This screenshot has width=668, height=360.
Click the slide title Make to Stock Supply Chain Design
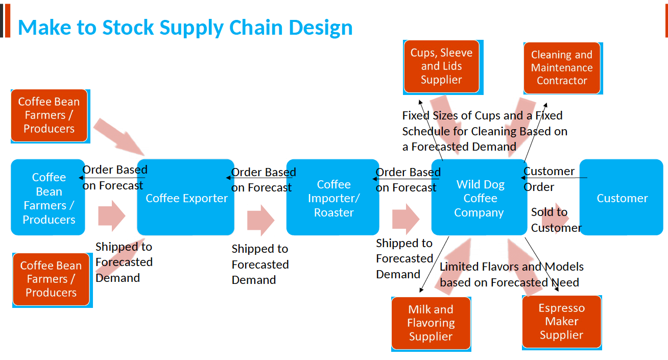pos(185,27)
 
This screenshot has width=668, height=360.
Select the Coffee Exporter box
pos(186,198)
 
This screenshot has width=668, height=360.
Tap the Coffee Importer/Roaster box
pos(333,198)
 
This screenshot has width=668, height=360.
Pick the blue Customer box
pos(622,198)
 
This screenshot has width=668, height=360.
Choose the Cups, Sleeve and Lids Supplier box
pos(441,66)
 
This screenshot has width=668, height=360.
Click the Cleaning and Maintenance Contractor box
pos(561,68)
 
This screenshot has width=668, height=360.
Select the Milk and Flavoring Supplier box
pos(431,323)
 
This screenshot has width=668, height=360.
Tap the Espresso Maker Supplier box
pos(561,322)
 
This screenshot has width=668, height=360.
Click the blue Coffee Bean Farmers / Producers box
pos(48,198)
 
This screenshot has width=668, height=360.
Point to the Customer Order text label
pos(548,179)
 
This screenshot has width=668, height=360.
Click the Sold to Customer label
pos(556,220)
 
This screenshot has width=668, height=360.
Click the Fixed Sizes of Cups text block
pos(484,131)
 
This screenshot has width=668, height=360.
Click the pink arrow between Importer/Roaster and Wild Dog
pos(405,219)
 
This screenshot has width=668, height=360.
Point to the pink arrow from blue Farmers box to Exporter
pos(111,215)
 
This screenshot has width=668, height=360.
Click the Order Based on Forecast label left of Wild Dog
pos(408,180)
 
